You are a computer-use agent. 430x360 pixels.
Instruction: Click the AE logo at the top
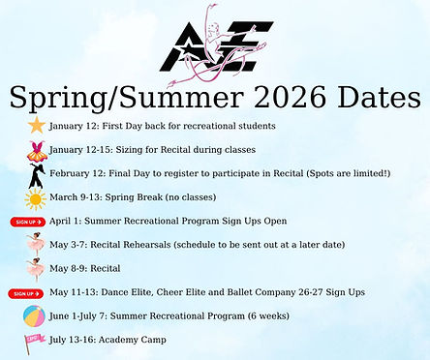[216, 44]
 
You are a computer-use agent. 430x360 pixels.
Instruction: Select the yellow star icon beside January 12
[36, 126]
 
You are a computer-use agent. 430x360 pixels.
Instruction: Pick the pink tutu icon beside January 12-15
[36, 150]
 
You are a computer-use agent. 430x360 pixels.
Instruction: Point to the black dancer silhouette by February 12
[36, 174]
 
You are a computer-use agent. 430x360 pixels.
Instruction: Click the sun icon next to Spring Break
[36, 198]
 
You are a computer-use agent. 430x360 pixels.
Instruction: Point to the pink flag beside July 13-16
[36, 340]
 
